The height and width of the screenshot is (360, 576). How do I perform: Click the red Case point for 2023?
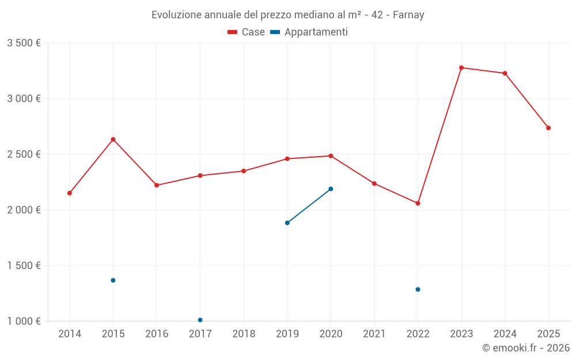pyautogui.click(x=461, y=67)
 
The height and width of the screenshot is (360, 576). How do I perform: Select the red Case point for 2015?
pyautogui.click(x=113, y=139)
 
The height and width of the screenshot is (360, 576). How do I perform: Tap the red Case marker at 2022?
pyautogui.click(x=418, y=203)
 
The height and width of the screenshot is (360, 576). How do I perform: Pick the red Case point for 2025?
pyautogui.click(x=548, y=128)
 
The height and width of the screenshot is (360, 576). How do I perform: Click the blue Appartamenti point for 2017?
pyautogui.click(x=200, y=320)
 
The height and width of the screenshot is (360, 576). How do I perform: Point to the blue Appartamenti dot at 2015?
pyautogui.click(x=113, y=281)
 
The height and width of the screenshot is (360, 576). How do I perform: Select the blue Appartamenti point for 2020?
pyautogui.click(x=331, y=189)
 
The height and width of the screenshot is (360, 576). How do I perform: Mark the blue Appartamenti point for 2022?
pyautogui.click(x=418, y=290)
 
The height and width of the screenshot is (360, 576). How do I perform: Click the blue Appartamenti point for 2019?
pyautogui.click(x=287, y=223)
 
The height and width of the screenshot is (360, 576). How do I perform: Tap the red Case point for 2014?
pyautogui.click(x=70, y=193)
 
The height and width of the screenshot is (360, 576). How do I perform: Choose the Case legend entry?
pyautogui.click(x=247, y=32)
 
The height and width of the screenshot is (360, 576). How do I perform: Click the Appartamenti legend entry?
pyautogui.click(x=309, y=32)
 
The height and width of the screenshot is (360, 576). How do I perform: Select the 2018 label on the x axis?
pyautogui.click(x=244, y=334)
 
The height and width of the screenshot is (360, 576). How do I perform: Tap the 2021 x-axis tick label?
pyautogui.click(x=374, y=334)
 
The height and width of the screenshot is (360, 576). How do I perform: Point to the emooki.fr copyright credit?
pyautogui.click(x=525, y=348)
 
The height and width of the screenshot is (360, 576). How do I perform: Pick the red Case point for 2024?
pyautogui.click(x=505, y=73)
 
